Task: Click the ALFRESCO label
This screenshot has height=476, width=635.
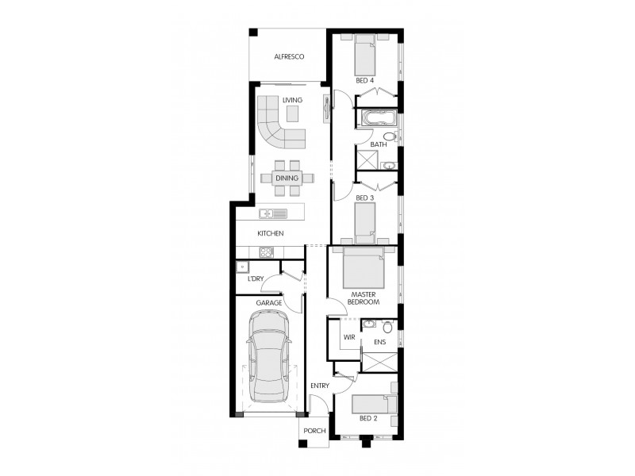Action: [290, 56]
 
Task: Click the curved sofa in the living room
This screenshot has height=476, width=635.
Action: [280, 131]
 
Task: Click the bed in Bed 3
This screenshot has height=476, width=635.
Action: [364, 221]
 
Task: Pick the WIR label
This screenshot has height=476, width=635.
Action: [348, 337]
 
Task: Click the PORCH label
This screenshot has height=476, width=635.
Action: [314, 432]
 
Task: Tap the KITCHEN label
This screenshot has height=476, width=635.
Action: [270, 233]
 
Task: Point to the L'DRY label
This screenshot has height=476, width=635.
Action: [255, 279]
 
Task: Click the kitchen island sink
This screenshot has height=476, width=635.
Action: [268, 213]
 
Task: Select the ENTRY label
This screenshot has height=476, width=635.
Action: [320, 386]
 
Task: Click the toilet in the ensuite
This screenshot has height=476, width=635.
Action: [387, 327]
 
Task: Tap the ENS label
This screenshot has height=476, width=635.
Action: [379, 343]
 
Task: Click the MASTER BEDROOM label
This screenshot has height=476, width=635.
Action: [364, 299]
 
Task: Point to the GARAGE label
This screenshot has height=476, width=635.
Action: [268, 303]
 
